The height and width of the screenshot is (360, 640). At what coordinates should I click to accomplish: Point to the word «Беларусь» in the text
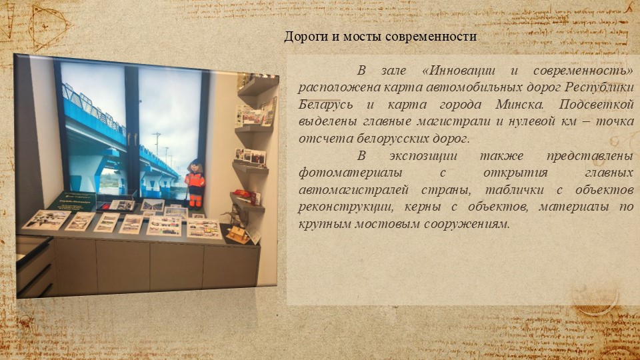pos(325,105)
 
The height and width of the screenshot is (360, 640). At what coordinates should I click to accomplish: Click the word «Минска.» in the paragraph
pos(519,105)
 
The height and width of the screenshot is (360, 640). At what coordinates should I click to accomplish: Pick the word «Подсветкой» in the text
pos(596,105)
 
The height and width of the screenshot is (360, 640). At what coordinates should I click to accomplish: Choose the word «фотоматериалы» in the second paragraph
pos(350,173)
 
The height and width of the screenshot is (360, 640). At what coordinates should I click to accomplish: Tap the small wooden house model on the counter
pos(237,234)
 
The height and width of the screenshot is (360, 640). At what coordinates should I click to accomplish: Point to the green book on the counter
pos(73,201)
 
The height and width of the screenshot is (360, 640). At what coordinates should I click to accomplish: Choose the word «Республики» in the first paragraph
pos(599,87)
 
